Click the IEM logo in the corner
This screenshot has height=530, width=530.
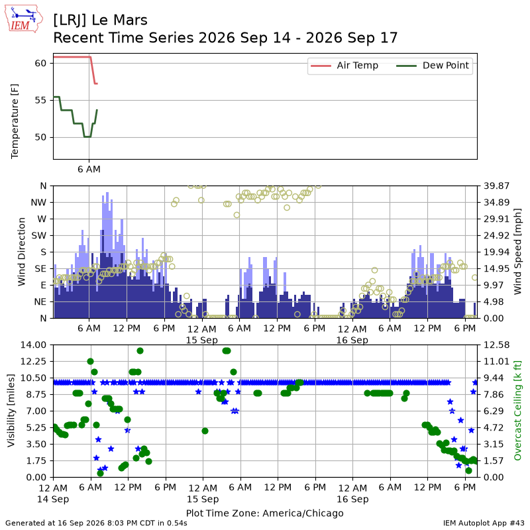point(23,19)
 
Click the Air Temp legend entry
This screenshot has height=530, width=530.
point(344,66)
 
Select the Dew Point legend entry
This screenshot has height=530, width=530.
point(433,66)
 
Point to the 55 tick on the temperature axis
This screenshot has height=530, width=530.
point(40,101)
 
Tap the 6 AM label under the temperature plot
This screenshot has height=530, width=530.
point(89,169)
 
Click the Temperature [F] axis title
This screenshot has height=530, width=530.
point(15,121)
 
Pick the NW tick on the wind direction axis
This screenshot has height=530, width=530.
point(38,203)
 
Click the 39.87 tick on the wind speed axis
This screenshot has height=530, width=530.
point(496,185)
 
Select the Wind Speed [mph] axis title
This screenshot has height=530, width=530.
point(517,252)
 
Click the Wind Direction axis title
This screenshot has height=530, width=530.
point(21,252)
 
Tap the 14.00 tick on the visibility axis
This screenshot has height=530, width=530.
point(33,344)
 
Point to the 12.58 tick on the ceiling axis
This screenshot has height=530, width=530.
point(496,344)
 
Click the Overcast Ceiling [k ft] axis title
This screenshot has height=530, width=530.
point(517,411)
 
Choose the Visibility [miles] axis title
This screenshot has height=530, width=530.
point(11,411)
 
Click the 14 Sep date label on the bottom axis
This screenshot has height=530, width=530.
point(53,499)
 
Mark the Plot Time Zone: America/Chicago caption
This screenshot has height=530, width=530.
point(264,513)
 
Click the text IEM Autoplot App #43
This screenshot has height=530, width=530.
point(484,523)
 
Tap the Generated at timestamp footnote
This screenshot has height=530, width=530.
point(96,523)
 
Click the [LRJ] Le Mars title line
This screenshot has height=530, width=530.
point(101,21)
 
